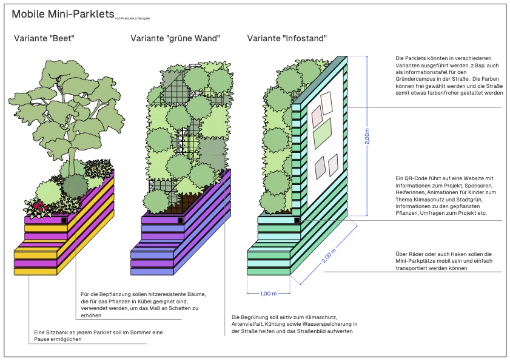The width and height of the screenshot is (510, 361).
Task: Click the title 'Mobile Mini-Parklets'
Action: [x=62, y=14]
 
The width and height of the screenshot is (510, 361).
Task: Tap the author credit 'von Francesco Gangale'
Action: [x=133, y=18]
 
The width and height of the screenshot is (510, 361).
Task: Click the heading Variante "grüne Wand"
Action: [x=175, y=39]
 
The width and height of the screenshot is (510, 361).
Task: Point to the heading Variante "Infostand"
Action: [x=287, y=39]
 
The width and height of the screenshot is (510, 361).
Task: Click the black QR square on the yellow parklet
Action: [x=64, y=220]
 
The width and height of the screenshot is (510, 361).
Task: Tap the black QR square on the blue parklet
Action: [x=180, y=220]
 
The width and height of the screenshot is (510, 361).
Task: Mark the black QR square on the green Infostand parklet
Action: [x=296, y=220]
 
